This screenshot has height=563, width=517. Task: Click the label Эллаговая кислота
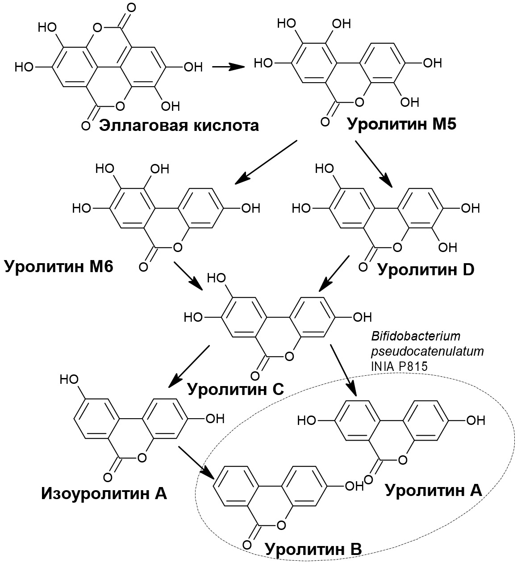(179, 126)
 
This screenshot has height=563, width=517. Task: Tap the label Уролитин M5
(401, 123)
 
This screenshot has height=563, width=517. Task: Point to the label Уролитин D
(425, 269)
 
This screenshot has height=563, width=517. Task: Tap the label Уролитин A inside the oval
(434, 490)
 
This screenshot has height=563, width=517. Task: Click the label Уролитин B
(313, 548)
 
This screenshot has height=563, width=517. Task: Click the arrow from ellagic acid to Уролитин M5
(228, 67)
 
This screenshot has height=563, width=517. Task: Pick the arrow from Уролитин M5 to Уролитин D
(374, 164)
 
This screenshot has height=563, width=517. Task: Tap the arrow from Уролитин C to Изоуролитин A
(189, 366)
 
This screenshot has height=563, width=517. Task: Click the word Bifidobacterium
(415, 336)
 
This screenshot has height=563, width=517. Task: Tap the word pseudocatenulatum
(427, 351)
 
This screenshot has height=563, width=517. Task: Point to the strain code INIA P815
(399, 366)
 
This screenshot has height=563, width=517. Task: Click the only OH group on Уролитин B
(355, 486)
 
